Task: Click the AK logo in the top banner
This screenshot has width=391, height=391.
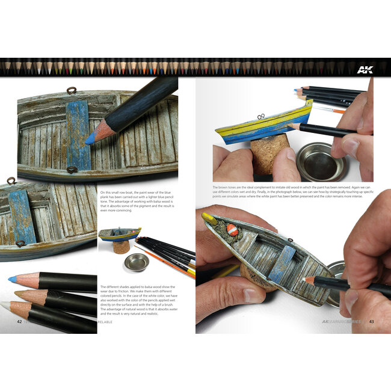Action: pyautogui.click(x=364, y=69)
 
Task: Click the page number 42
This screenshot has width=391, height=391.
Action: pyautogui.click(x=20, y=321)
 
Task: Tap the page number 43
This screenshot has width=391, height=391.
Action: pyautogui.click(x=371, y=321)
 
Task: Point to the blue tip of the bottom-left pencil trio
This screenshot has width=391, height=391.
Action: pyautogui.click(x=13, y=279)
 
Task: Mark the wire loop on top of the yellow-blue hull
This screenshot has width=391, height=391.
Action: pyautogui.click(x=260, y=117)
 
